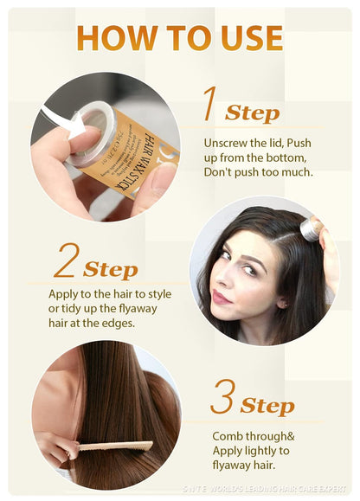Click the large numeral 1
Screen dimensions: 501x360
pyautogui.click(x=209, y=104)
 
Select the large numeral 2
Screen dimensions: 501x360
pyautogui.click(x=67, y=260)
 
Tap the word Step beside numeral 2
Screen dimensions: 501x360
pyautogui.click(x=110, y=269)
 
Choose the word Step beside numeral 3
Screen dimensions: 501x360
pyautogui.click(x=267, y=406)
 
